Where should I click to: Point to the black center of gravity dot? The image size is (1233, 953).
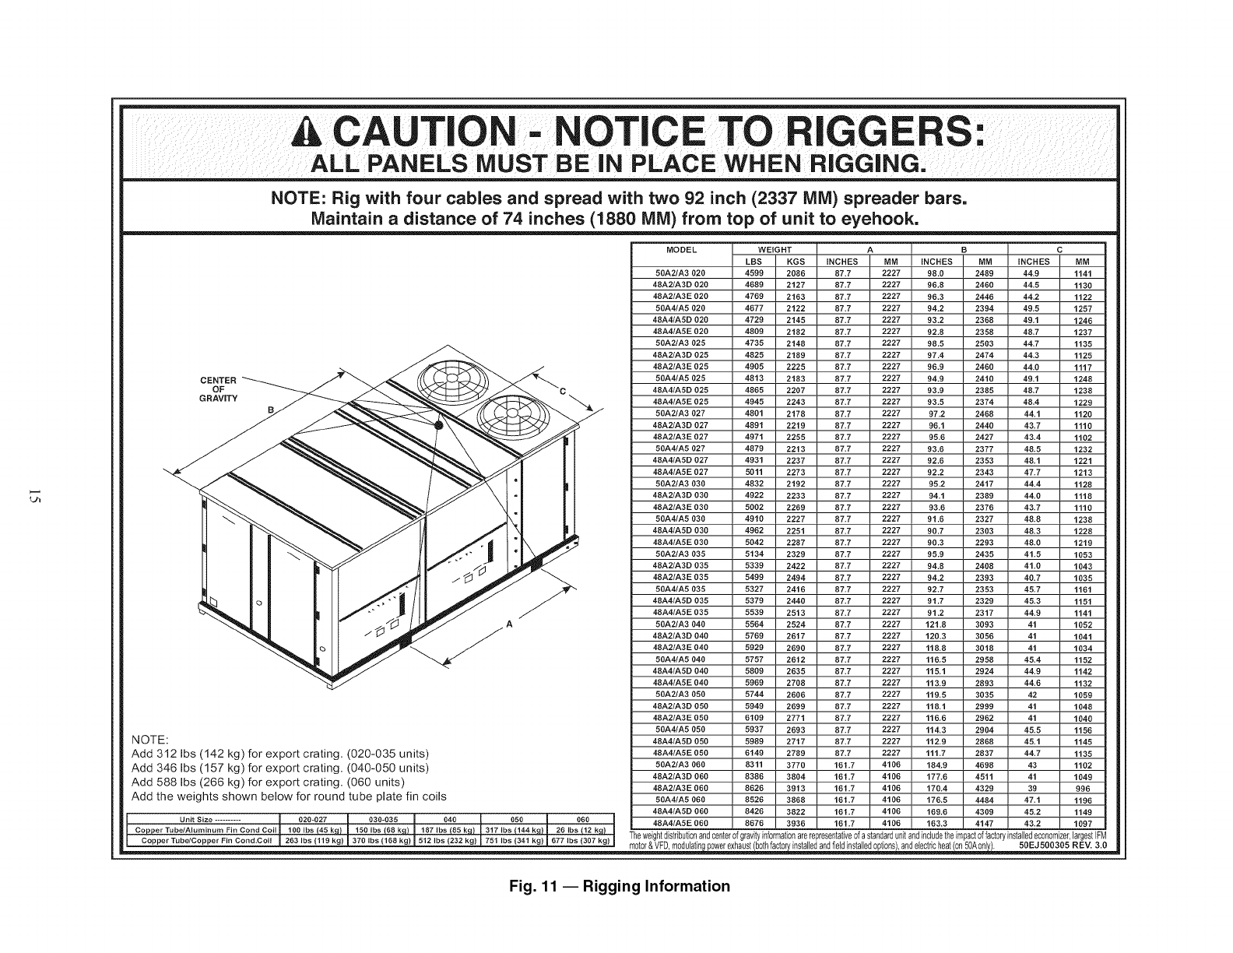[x=439, y=425]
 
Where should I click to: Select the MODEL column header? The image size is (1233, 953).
[x=681, y=250]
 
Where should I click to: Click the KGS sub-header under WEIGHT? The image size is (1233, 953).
[x=795, y=262]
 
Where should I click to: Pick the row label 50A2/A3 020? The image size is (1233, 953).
[x=681, y=273]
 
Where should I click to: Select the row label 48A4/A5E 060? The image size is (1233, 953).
[x=681, y=823]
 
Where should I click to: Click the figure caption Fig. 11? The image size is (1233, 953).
[x=616, y=886]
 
